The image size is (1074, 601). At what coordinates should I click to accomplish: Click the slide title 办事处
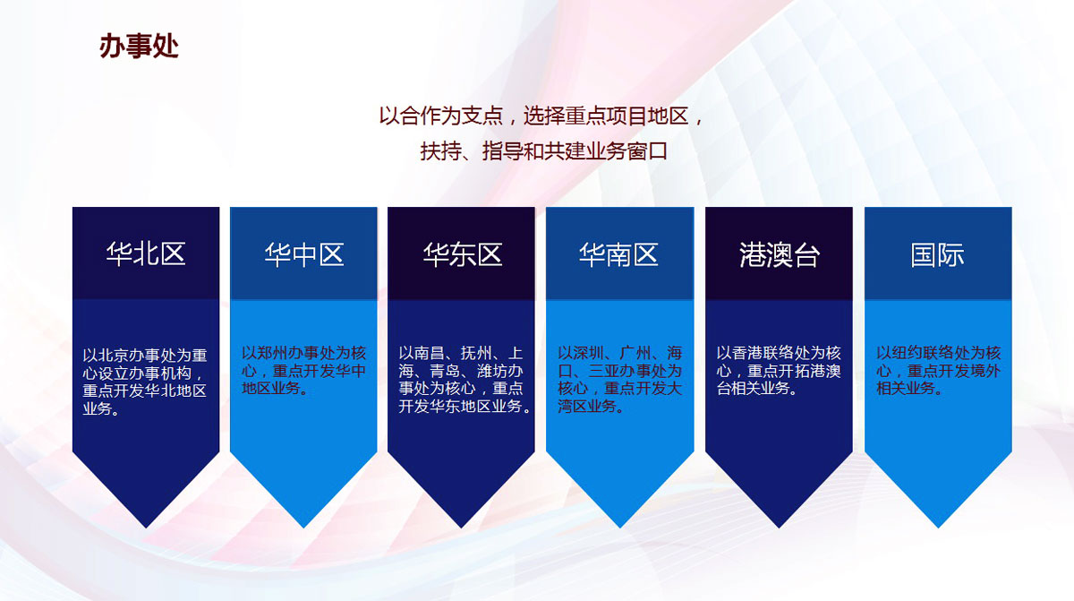(139, 46)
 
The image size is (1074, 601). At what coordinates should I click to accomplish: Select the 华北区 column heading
(146, 253)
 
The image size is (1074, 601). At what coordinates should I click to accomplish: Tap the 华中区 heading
(304, 254)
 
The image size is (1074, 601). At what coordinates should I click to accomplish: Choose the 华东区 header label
(462, 254)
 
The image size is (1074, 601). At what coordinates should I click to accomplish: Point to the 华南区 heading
(618, 254)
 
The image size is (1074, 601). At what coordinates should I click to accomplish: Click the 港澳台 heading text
(780, 254)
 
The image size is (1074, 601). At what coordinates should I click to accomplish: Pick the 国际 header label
(937, 254)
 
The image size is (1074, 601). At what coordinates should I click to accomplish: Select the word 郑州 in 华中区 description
(272, 353)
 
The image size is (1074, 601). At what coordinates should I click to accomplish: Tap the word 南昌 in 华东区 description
(429, 353)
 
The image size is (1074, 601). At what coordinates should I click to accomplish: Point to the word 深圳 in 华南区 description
(588, 353)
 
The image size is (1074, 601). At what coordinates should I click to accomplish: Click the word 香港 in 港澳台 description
(747, 353)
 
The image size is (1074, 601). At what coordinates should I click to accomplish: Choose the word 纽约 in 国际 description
(908, 353)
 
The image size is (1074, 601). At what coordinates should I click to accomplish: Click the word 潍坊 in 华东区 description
(492, 371)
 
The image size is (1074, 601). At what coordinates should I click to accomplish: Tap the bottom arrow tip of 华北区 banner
(146, 528)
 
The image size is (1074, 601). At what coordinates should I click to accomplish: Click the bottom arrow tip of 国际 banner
(938, 528)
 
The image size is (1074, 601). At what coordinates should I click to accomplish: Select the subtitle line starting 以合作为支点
(541, 116)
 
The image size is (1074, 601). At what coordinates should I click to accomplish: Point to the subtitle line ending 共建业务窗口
(544, 151)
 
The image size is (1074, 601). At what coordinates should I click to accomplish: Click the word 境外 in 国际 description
(984, 371)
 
